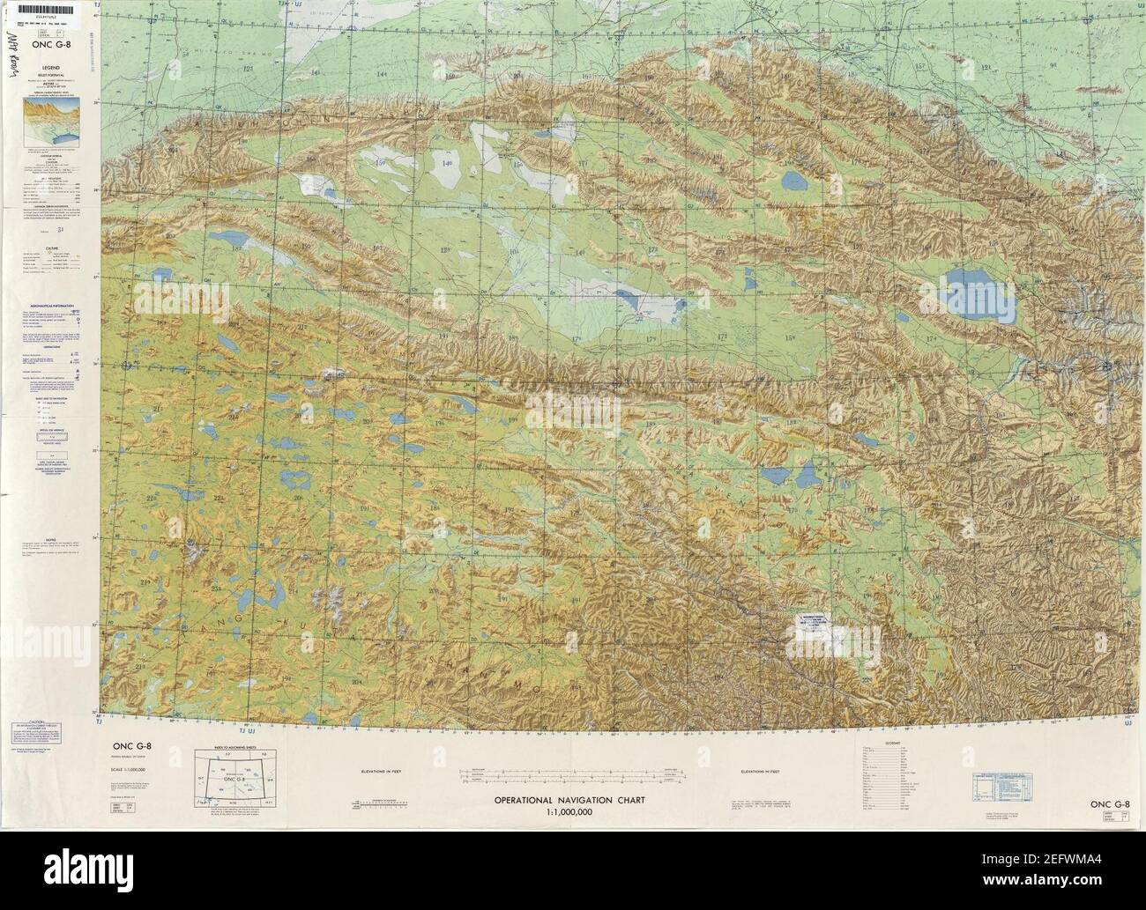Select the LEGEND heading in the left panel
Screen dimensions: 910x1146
(x=50, y=68)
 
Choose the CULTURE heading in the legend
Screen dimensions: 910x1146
(x=51, y=248)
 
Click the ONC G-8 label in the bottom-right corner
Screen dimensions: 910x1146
(x=1109, y=803)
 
